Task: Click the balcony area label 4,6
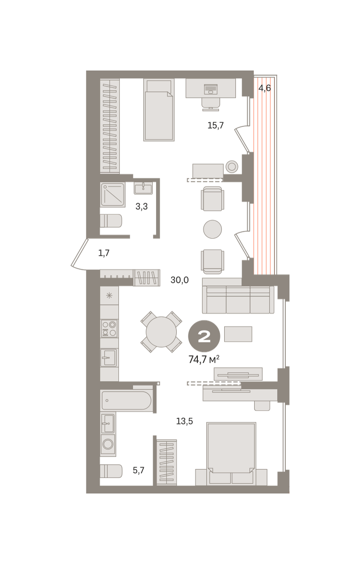click(x=264, y=88)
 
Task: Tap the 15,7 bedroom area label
click(x=216, y=125)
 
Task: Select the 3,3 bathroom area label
click(x=141, y=206)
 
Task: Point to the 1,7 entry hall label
click(x=104, y=253)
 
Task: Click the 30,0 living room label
click(x=180, y=280)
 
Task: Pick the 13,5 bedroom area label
click(x=184, y=421)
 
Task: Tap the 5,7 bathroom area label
click(x=139, y=470)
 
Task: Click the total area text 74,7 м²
click(x=204, y=360)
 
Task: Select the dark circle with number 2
click(x=204, y=336)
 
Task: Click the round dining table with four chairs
click(x=161, y=332)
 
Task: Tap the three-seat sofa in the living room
click(x=238, y=300)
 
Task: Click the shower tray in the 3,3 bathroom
click(x=113, y=195)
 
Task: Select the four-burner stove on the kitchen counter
click(x=109, y=329)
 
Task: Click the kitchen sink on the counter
click(x=109, y=358)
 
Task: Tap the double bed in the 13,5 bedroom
click(x=231, y=454)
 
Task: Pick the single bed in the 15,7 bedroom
click(x=159, y=110)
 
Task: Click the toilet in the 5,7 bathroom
click(x=111, y=471)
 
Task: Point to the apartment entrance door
click(x=80, y=254)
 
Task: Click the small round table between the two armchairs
click(x=212, y=229)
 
